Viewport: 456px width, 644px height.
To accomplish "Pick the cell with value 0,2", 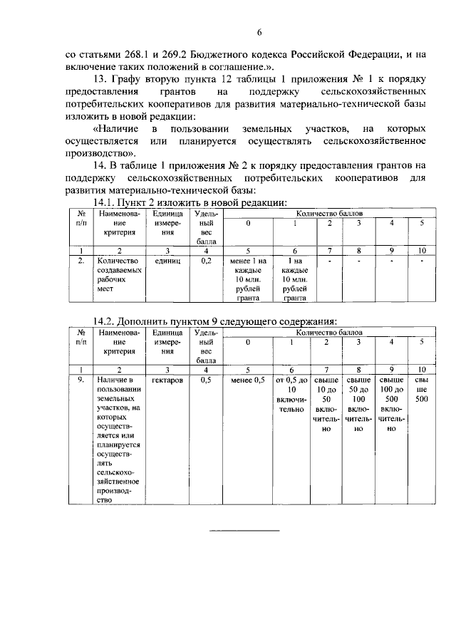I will (x=207, y=261).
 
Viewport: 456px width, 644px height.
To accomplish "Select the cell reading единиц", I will (x=167, y=261).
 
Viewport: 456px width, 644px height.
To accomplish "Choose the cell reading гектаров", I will (x=167, y=381).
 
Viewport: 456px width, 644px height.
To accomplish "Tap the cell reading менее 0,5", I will (x=248, y=381).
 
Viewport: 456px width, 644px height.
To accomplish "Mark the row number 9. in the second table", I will (x=82, y=381).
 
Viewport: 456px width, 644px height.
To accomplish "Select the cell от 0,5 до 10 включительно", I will (x=291, y=395).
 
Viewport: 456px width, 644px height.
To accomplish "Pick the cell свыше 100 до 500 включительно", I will (x=391, y=405).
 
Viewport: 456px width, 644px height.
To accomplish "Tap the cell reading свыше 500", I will (x=422, y=390).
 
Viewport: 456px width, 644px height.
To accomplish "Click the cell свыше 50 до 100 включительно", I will (x=358, y=405).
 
